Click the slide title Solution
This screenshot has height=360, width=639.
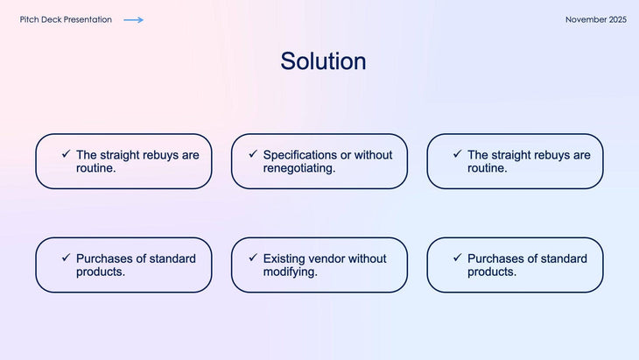point(323,61)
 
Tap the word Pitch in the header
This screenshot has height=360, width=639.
point(29,19)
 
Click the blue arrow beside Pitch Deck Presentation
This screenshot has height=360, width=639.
point(133,19)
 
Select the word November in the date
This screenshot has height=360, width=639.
point(585,19)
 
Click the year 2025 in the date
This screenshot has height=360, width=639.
point(617,19)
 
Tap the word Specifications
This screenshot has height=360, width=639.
point(300,155)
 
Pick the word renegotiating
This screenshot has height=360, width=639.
point(298,168)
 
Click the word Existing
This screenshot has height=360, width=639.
point(285,258)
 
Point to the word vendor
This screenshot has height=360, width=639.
point(329,258)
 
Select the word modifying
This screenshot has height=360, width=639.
point(290,272)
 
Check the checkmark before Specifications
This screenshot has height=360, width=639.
point(253,154)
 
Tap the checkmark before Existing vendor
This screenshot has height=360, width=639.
point(253,258)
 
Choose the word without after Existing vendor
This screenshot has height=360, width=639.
point(369,258)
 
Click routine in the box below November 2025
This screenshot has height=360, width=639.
point(487,168)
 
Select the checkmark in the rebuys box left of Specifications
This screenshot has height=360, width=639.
point(66,154)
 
